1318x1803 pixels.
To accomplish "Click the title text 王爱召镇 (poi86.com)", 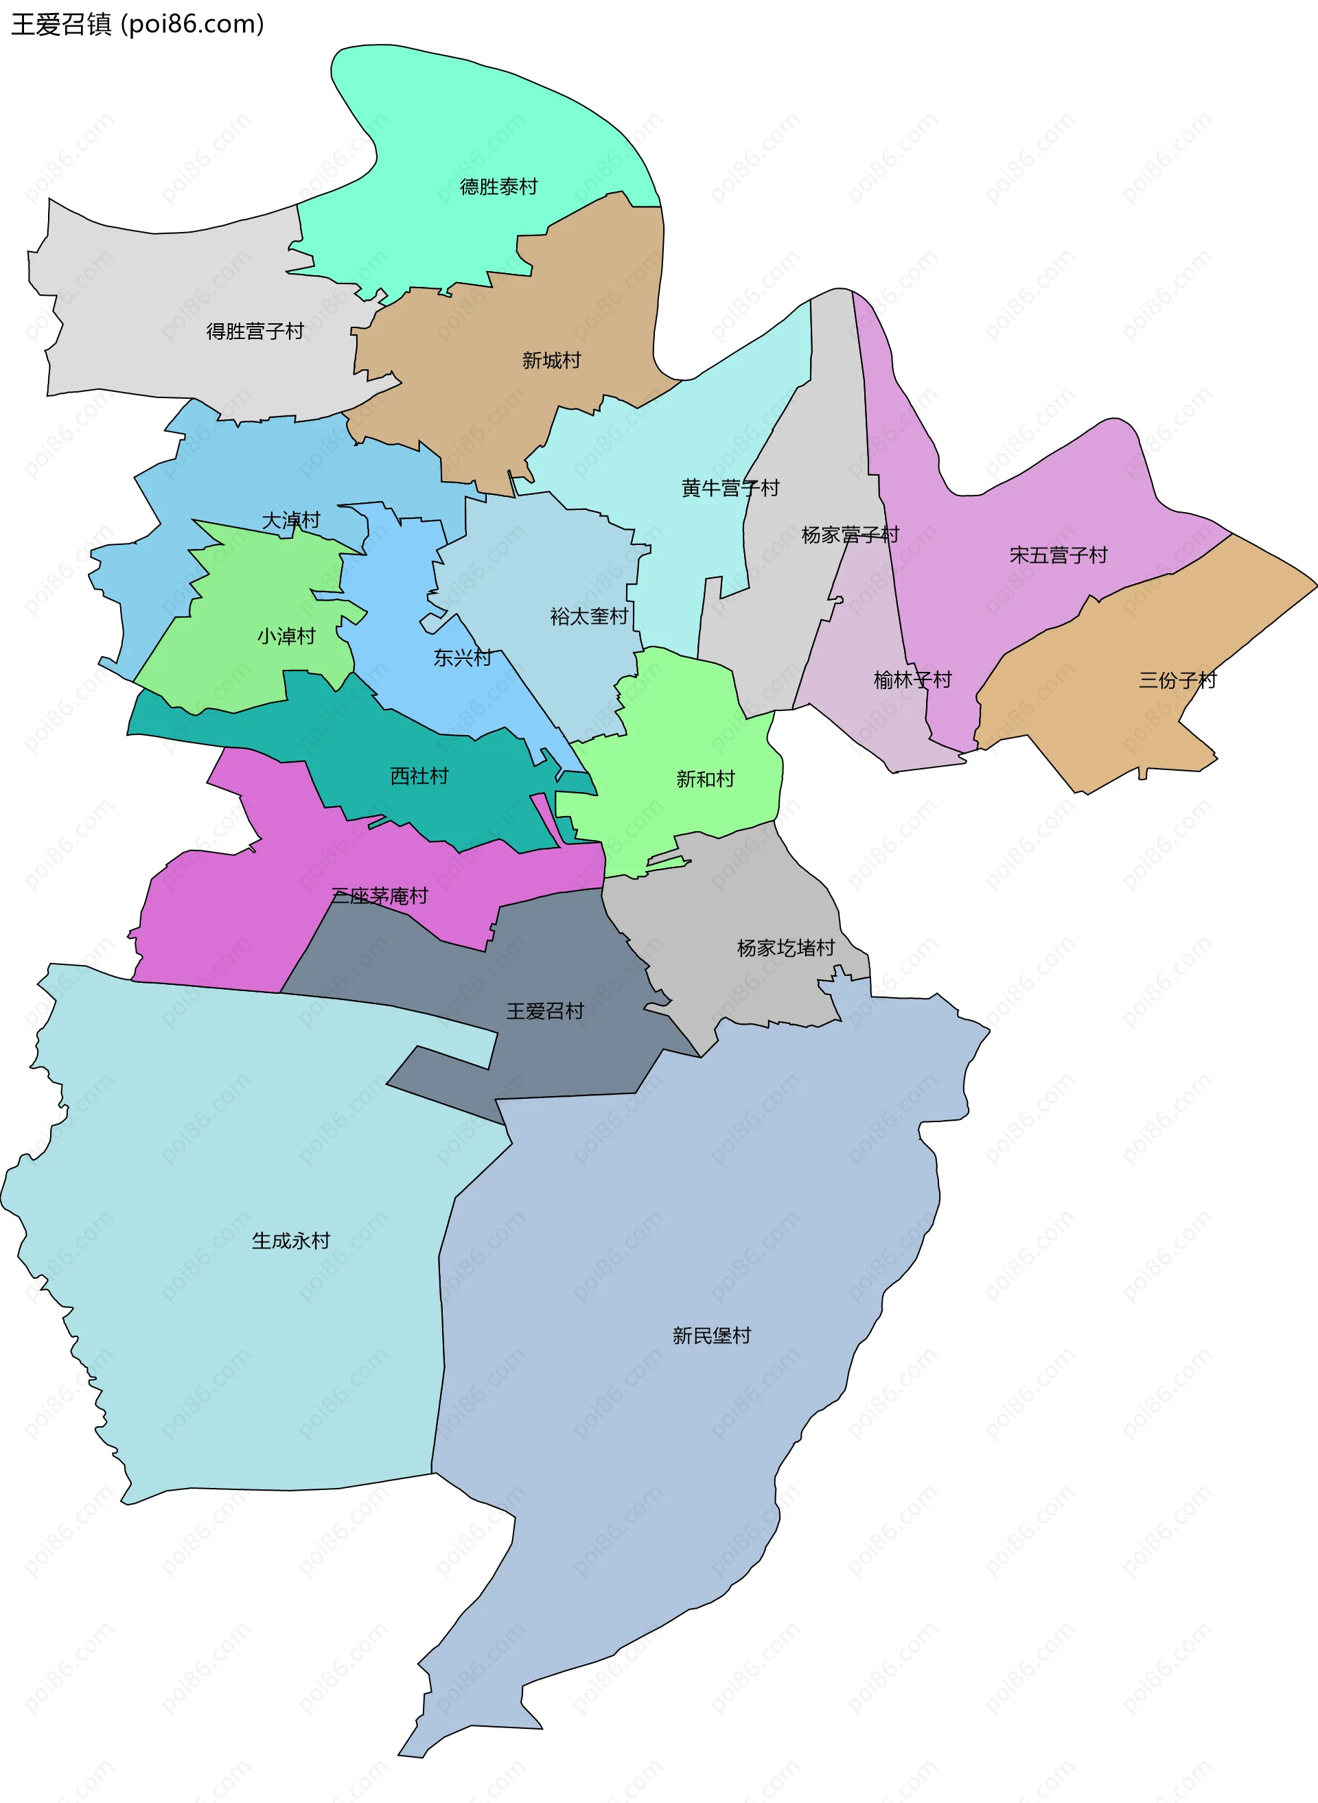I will (137, 24).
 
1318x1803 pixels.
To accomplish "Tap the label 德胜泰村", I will (498, 187).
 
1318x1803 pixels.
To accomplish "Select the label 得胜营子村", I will (255, 331).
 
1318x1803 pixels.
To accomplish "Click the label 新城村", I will (551, 360).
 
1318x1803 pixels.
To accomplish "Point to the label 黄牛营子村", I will (730, 488).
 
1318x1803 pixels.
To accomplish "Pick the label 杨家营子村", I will (850, 535).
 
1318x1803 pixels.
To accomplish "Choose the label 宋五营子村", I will (1058, 555).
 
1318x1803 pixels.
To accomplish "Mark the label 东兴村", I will (462, 658).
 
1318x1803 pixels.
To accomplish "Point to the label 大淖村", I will (291, 521).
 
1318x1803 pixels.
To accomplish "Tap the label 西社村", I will (419, 776).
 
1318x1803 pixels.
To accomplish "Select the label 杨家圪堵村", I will (785, 949).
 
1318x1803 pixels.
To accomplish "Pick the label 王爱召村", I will (545, 1012).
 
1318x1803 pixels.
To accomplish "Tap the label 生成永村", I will (290, 1242).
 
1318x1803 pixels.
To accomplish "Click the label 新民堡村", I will (711, 1336).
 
